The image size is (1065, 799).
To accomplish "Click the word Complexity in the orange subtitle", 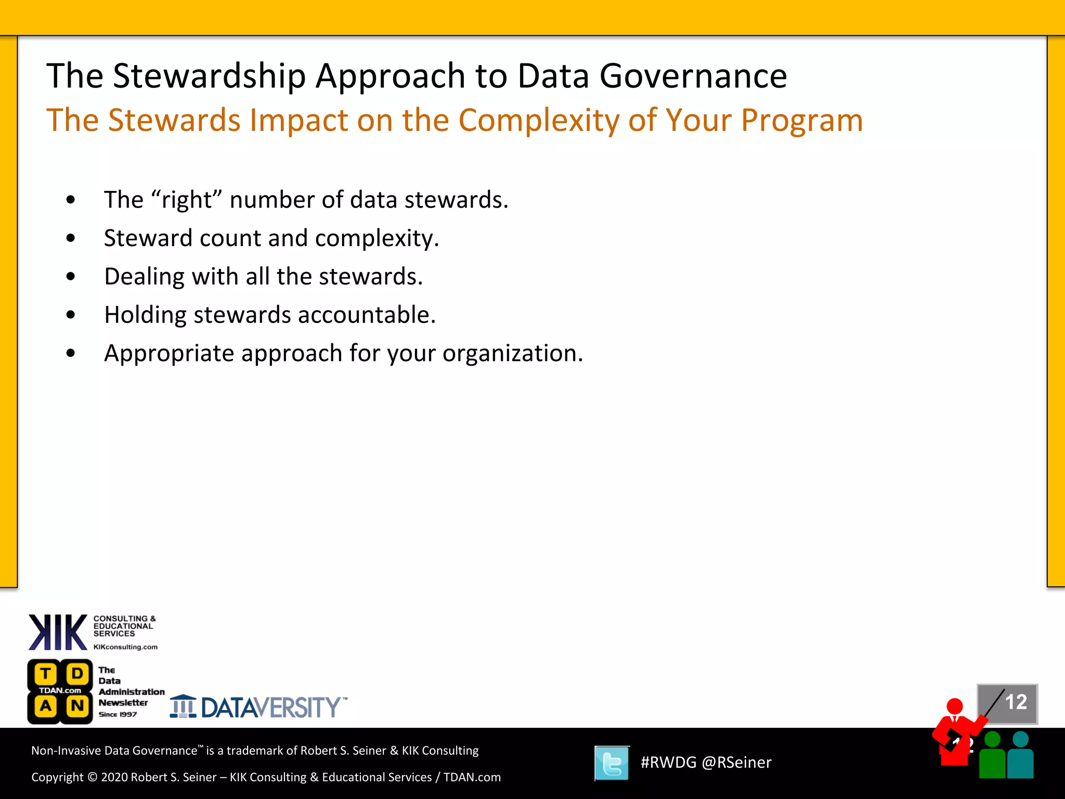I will (x=538, y=121).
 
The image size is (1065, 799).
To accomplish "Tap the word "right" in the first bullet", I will (x=187, y=200).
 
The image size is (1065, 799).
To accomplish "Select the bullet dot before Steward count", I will (x=71, y=238).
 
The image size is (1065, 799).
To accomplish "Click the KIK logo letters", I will (x=57, y=632).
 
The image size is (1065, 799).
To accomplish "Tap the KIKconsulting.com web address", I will (x=125, y=647).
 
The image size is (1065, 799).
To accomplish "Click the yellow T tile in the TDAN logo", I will (x=46, y=674).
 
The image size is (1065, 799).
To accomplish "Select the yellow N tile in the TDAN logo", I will (x=77, y=706).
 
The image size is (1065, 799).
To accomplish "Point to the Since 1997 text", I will (x=118, y=715).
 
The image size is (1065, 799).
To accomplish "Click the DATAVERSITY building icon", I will (x=183, y=707).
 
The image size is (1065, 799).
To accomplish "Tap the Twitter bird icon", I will (x=612, y=763).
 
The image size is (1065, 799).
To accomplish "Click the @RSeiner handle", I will (x=736, y=763).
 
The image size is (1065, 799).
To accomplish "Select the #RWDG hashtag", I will (x=668, y=763).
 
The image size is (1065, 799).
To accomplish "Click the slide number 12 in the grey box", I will (x=1016, y=702).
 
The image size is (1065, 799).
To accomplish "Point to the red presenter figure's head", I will (x=954, y=706).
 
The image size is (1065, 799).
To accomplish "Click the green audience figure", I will (x=992, y=757).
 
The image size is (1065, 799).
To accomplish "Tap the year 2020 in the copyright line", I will (x=114, y=777).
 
